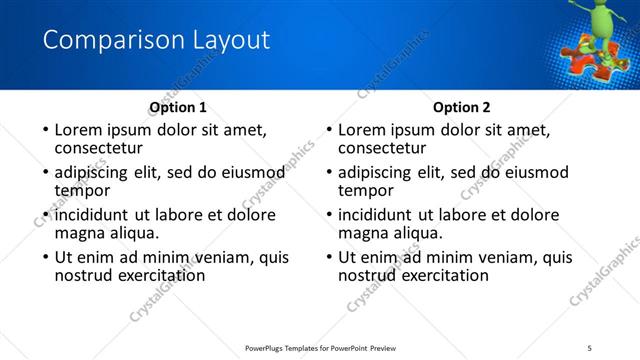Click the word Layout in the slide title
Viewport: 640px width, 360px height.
coord(233,41)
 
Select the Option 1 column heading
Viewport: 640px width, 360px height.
coord(178,107)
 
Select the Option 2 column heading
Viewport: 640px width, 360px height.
coord(462,107)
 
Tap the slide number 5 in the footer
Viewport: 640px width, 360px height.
coord(590,348)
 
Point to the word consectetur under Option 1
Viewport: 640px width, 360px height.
coord(102,149)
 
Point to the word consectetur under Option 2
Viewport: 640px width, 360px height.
coord(386,149)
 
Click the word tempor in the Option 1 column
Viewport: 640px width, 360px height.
coord(82,190)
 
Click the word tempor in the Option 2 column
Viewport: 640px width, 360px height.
coord(366,190)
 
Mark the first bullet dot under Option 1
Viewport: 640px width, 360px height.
coord(45,131)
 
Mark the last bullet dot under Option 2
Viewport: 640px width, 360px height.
coord(329,257)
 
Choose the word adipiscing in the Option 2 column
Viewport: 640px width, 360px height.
coord(375,172)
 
